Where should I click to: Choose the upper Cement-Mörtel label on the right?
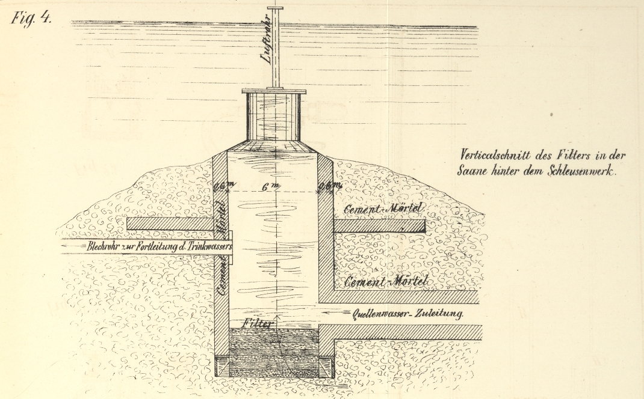click(383, 209)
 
